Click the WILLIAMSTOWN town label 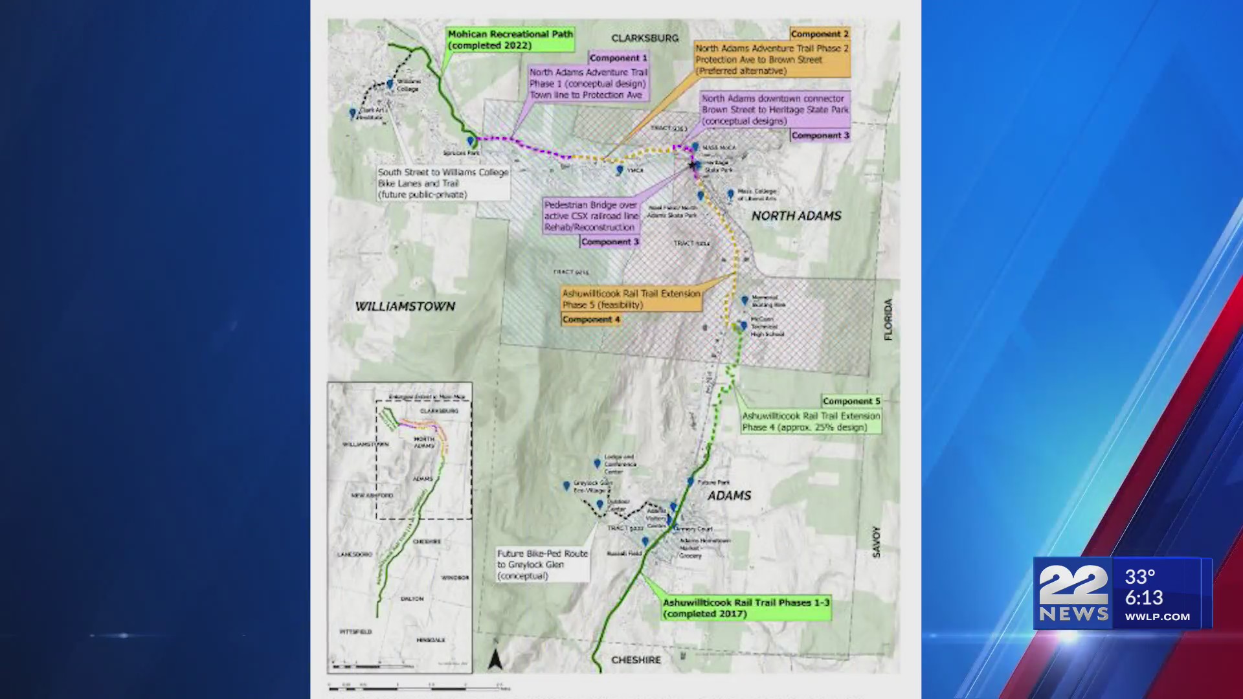click(405, 306)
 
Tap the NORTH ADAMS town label click(796, 216)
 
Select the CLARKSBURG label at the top click(645, 38)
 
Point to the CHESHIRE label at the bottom click(636, 660)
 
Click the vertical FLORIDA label click(888, 319)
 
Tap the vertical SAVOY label click(876, 542)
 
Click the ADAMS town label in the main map click(729, 496)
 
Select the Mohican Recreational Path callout click(510, 39)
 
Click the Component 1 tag click(618, 58)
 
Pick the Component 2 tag click(819, 34)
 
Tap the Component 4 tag click(591, 320)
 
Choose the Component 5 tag click(851, 401)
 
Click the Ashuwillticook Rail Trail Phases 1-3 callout click(746, 608)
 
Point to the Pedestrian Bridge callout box click(590, 216)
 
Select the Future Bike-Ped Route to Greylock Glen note click(543, 564)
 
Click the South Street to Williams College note click(443, 183)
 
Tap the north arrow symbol click(495, 659)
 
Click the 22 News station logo click(1073, 593)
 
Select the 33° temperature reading click(1139, 577)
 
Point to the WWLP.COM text click(1157, 617)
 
